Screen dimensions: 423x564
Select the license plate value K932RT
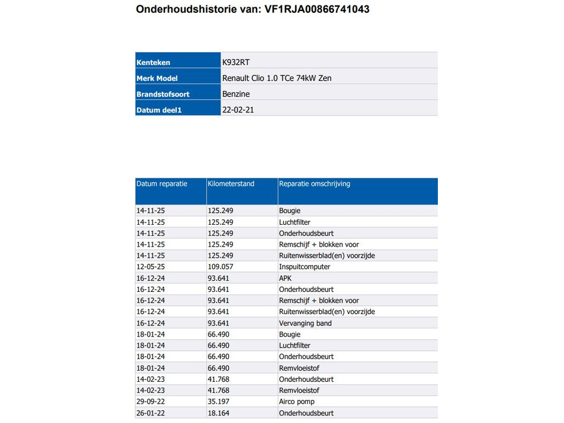(x=236, y=62)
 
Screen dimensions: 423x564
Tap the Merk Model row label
(x=157, y=78)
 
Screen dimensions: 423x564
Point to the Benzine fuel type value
(x=236, y=94)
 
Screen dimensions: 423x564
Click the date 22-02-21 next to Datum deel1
(x=238, y=110)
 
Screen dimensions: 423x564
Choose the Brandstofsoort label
(x=163, y=94)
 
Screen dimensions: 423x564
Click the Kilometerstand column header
(x=231, y=184)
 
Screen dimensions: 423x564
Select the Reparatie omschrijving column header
(x=314, y=184)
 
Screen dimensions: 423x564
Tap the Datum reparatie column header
(x=162, y=184)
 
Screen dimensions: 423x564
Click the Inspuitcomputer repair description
(x=305, y=267)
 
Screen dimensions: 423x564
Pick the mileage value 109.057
(x=220, y=267)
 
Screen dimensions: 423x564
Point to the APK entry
(x=285, y=278)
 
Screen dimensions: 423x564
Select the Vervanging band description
(x=305, y=323)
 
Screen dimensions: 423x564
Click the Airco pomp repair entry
(x=297, y=402)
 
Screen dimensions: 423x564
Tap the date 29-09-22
(x=150, y=402)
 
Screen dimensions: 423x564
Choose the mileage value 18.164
(x=219, y=413)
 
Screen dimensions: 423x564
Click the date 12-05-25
(x=150, y=267)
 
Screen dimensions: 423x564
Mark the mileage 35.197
(x=219, y=402)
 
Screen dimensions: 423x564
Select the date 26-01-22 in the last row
(x=150, y=413)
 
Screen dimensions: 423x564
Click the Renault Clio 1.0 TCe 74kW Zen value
(x=276, y=78)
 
